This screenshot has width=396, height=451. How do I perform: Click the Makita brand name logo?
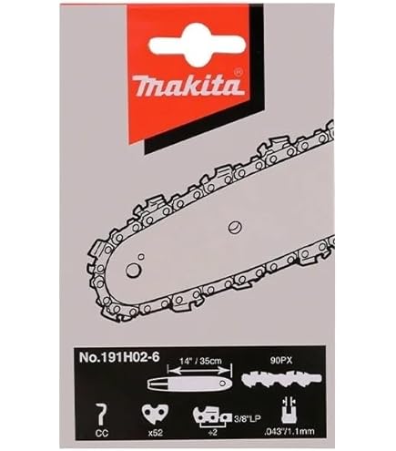click(188, 87)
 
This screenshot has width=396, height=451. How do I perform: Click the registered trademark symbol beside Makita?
click(238, 73)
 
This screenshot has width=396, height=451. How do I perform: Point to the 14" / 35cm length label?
click(200, 361)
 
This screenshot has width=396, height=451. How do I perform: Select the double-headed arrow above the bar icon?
click(198, 370)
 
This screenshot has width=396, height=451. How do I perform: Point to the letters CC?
click(100, 432)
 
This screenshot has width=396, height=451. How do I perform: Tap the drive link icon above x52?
click(155, 413)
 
